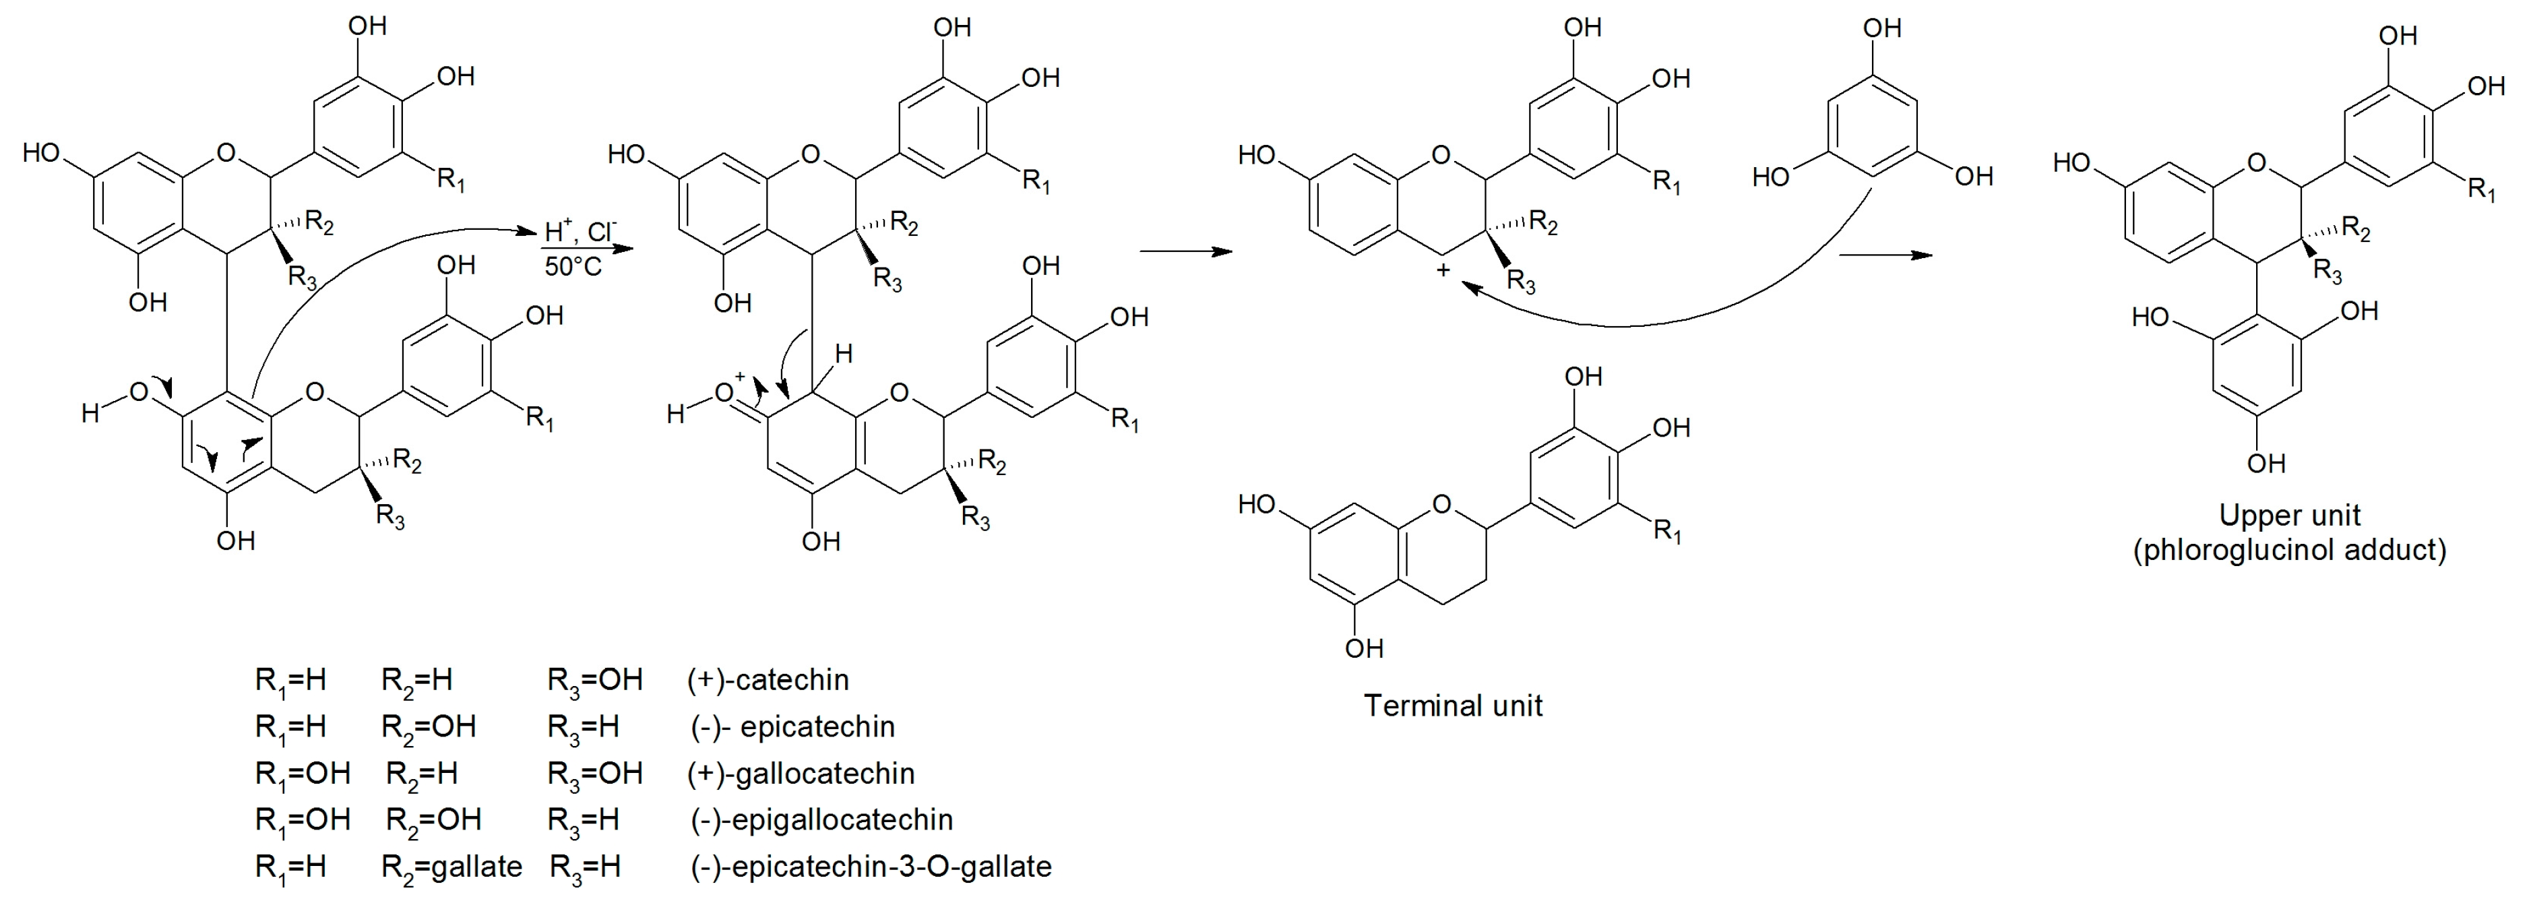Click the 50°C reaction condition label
pos(573,267)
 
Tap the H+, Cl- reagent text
pos(581,232)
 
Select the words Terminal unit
pos(1453,706)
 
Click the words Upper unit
pos(2290,516)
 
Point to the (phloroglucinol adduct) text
pos(2290,550)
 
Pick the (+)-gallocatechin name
pos(801,774)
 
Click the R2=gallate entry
pos(451,867)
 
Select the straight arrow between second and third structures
pos(1185,252)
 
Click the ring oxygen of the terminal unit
pos(1441,505)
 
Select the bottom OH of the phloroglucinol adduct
pos(2266,463)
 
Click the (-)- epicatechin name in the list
pos(793,727)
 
